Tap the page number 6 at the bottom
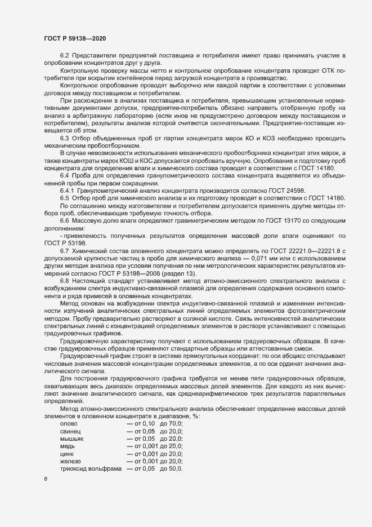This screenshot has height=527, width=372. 46,479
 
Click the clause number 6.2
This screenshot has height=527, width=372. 64,55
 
